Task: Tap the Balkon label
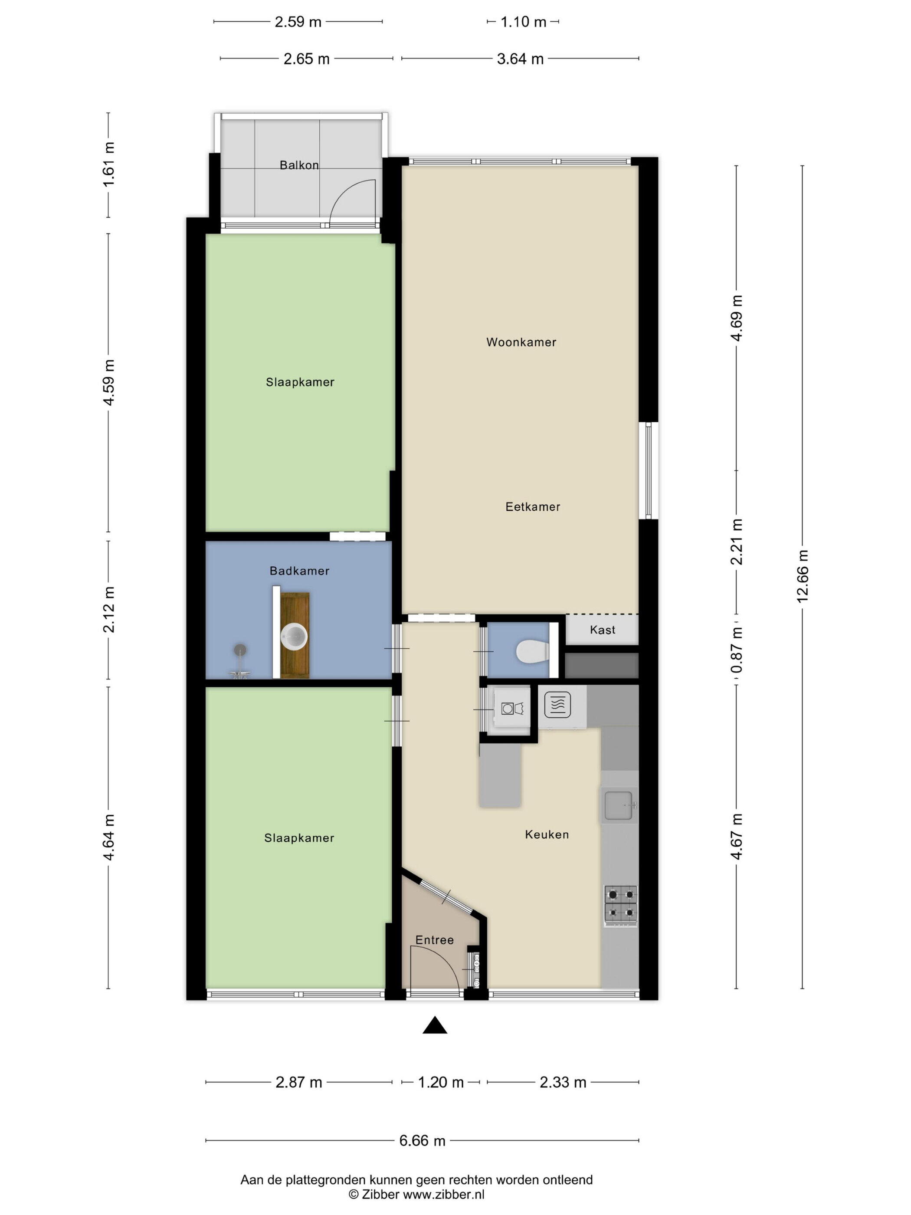(x=299, y=165)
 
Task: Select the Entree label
(x=434, y=940)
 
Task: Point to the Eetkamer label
(x=533, y=507)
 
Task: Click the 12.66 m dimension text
(x=802, y=576)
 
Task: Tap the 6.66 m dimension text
(x=422, y=1141)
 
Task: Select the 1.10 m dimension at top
(x=523, y=22)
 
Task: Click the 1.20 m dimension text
(x=440, y=1082)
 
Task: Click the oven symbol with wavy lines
(x=557, y=705)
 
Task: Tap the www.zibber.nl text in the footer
(x=444, y=1194)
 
